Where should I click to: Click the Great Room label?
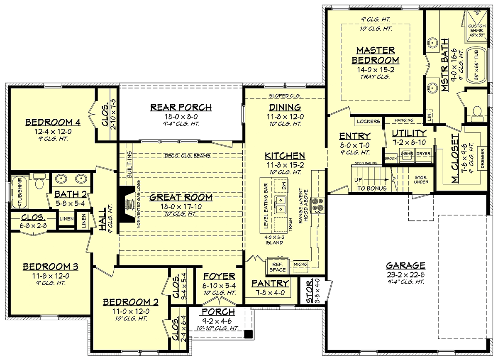coord(181,197)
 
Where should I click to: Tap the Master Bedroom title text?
coord(376,55)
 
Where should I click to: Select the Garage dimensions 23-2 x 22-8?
coord(405,275)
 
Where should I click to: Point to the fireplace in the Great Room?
coord(127,204)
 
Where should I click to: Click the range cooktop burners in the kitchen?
coord(318,205)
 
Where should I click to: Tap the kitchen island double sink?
coord(281,205)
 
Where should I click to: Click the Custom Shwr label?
coord(477,30)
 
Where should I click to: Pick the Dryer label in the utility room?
coord(423,154)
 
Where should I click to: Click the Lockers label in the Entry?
coord(369,121)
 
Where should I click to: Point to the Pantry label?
coord(270,284)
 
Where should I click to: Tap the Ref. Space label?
coord(278,267)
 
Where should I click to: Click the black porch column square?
coord(249,334)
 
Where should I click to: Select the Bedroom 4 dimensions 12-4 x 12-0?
coord(53,132)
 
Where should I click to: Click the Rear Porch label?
coord(181,108)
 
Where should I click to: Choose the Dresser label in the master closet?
coord(482,158)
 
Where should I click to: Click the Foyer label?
coord(219,277)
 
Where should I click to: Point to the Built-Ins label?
coord(129,164)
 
